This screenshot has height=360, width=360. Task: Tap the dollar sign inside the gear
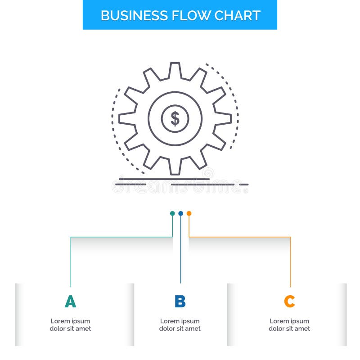point(175,119)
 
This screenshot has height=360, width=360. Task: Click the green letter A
point(70,301)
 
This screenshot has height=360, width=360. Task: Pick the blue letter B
point(180,301)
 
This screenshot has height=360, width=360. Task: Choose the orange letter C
point(289,301)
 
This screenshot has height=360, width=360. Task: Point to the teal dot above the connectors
point(172,213)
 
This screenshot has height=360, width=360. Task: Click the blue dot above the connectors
point(180,213)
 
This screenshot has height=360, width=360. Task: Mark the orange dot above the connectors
point(189,213)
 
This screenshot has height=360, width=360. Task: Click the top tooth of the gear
point(175,70)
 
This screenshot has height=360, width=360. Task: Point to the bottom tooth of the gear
point(175,168)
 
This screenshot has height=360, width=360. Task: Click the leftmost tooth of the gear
point(126,119)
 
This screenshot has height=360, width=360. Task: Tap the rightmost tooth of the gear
point(224,119)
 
